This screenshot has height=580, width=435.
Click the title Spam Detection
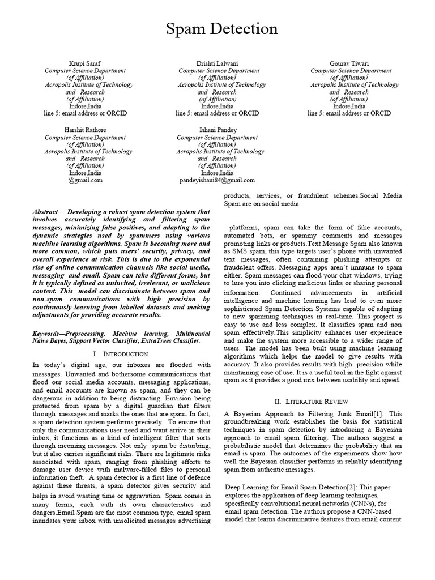[x=221, y=29]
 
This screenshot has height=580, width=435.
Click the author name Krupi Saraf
[x=85, y=63]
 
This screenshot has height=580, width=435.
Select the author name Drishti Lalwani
[x=217, y=63]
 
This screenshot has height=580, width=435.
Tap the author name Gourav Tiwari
[x=349, y=63]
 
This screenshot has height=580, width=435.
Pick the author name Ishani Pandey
[x=217, y=130]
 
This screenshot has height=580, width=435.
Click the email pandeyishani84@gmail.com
[x=217, y=180]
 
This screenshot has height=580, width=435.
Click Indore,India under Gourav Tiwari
[x=349, y=106]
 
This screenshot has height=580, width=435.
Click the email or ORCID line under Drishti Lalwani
[x=217, y=113]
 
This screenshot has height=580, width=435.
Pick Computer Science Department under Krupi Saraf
[x=85, y=71]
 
